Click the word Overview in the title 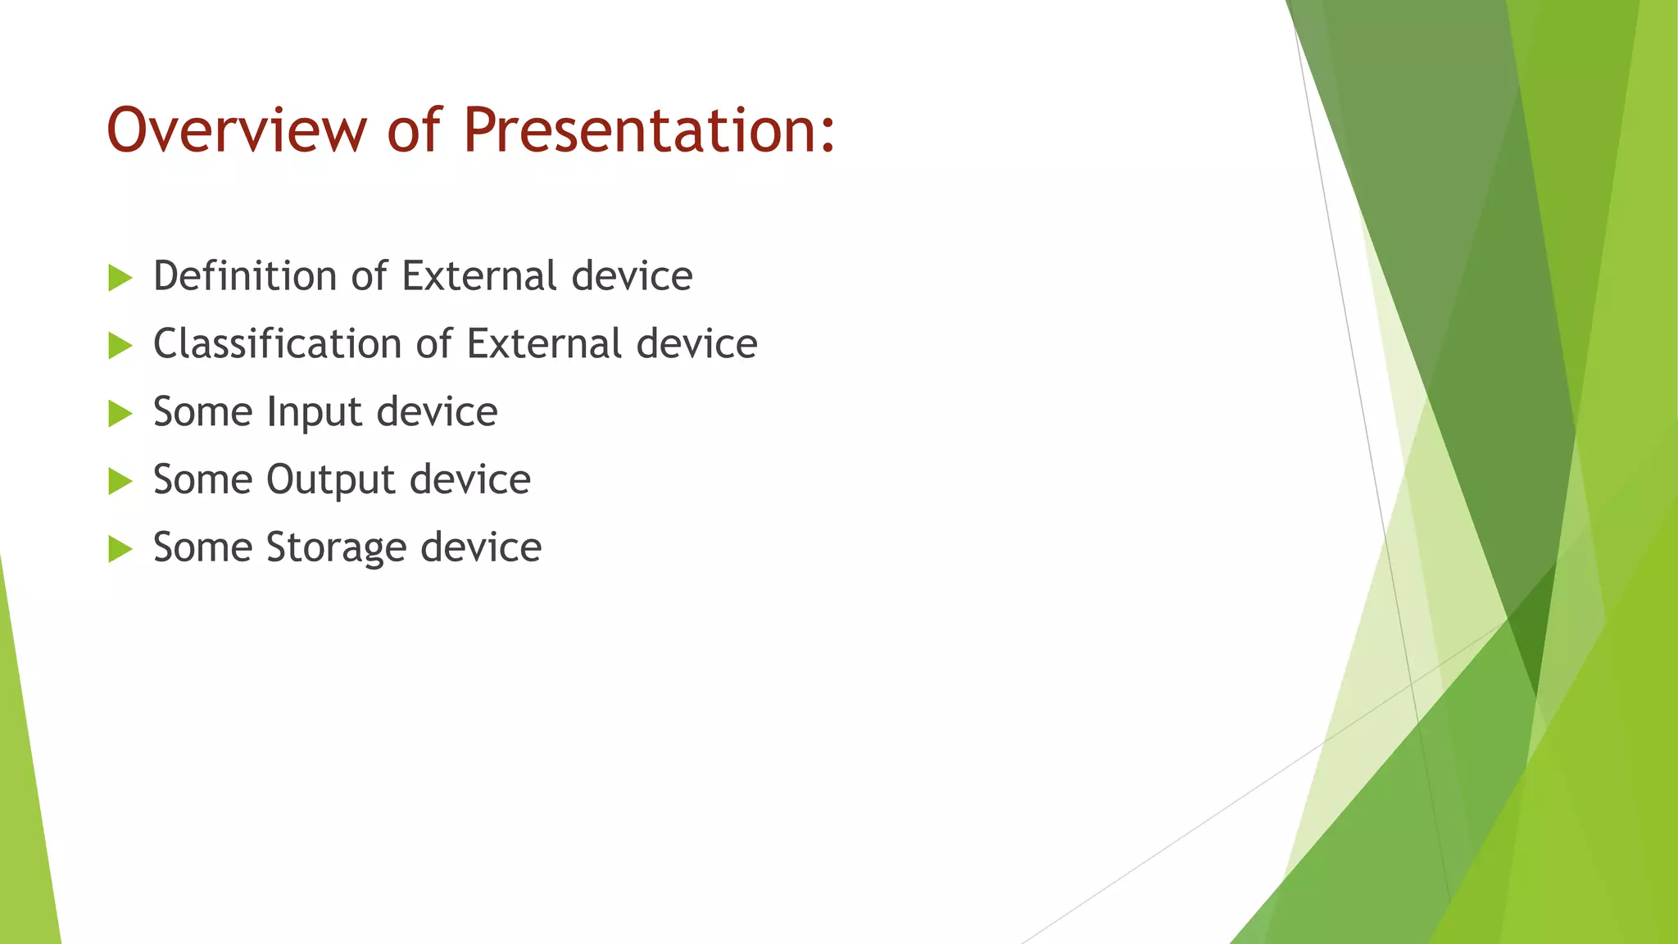pyautogui.click(x=236, y=131)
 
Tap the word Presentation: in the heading pyautogui.click(x=649, y=131)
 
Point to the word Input pyautogui.click(x=315, y=413)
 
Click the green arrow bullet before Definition pyautogui.click(x=120, y=278)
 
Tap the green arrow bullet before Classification pyautogui.click(x=120, y=346)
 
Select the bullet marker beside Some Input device pyautogui.click(x=120, y=414)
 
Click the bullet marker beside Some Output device pyautogui.click(x=120, y=482)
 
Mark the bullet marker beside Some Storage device pyautogui.click(x=120, y=549)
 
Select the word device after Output pyautogui.click(x=469, y=479)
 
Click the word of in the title pyautogui.click(x=414, y=131)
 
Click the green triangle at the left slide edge pyautogui.click(x=25, y=803)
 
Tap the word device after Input pyautogui.click(x=437, y=412)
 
